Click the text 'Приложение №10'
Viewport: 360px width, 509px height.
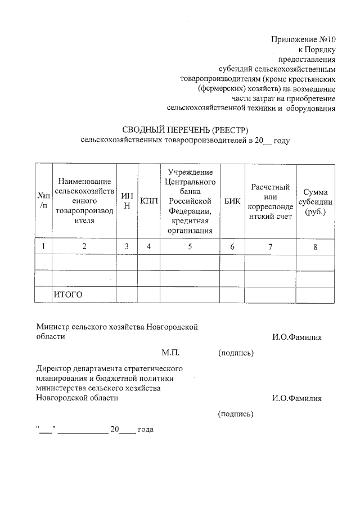coord(303,40)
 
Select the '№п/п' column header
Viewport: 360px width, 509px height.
coord(43,201)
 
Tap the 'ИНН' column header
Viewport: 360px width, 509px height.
coord(127,201)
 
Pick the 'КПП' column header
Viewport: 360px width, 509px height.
coord(149,201)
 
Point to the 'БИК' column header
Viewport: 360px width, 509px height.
coord(229,201)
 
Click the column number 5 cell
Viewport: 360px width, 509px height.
coord(190,246)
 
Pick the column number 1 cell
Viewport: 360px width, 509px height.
coord(43,246)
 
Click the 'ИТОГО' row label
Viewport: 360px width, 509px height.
coord(68,294)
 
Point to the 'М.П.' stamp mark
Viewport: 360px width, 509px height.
coord(170,353)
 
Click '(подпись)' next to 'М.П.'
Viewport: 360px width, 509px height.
coord(236,353)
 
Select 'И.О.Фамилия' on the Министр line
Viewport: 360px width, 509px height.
coord(296,337)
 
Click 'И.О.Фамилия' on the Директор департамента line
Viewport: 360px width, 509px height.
coord(296,398)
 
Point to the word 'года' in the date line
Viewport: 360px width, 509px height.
coord(145,429)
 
